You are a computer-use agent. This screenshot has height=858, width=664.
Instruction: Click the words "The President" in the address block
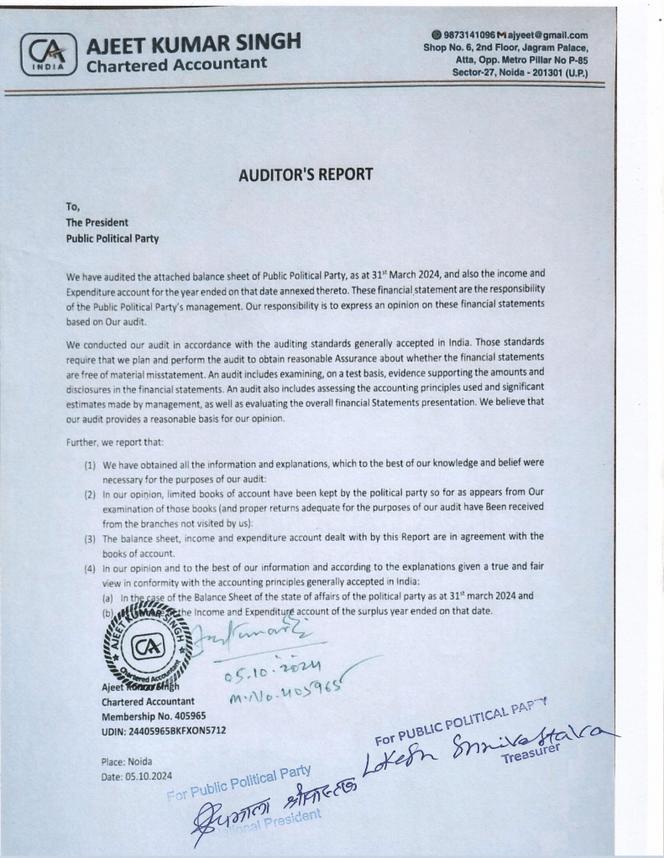[97, 222]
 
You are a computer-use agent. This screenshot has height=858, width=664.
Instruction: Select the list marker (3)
[89, 536]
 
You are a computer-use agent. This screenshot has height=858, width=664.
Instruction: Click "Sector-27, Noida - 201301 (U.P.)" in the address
[520, 73]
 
